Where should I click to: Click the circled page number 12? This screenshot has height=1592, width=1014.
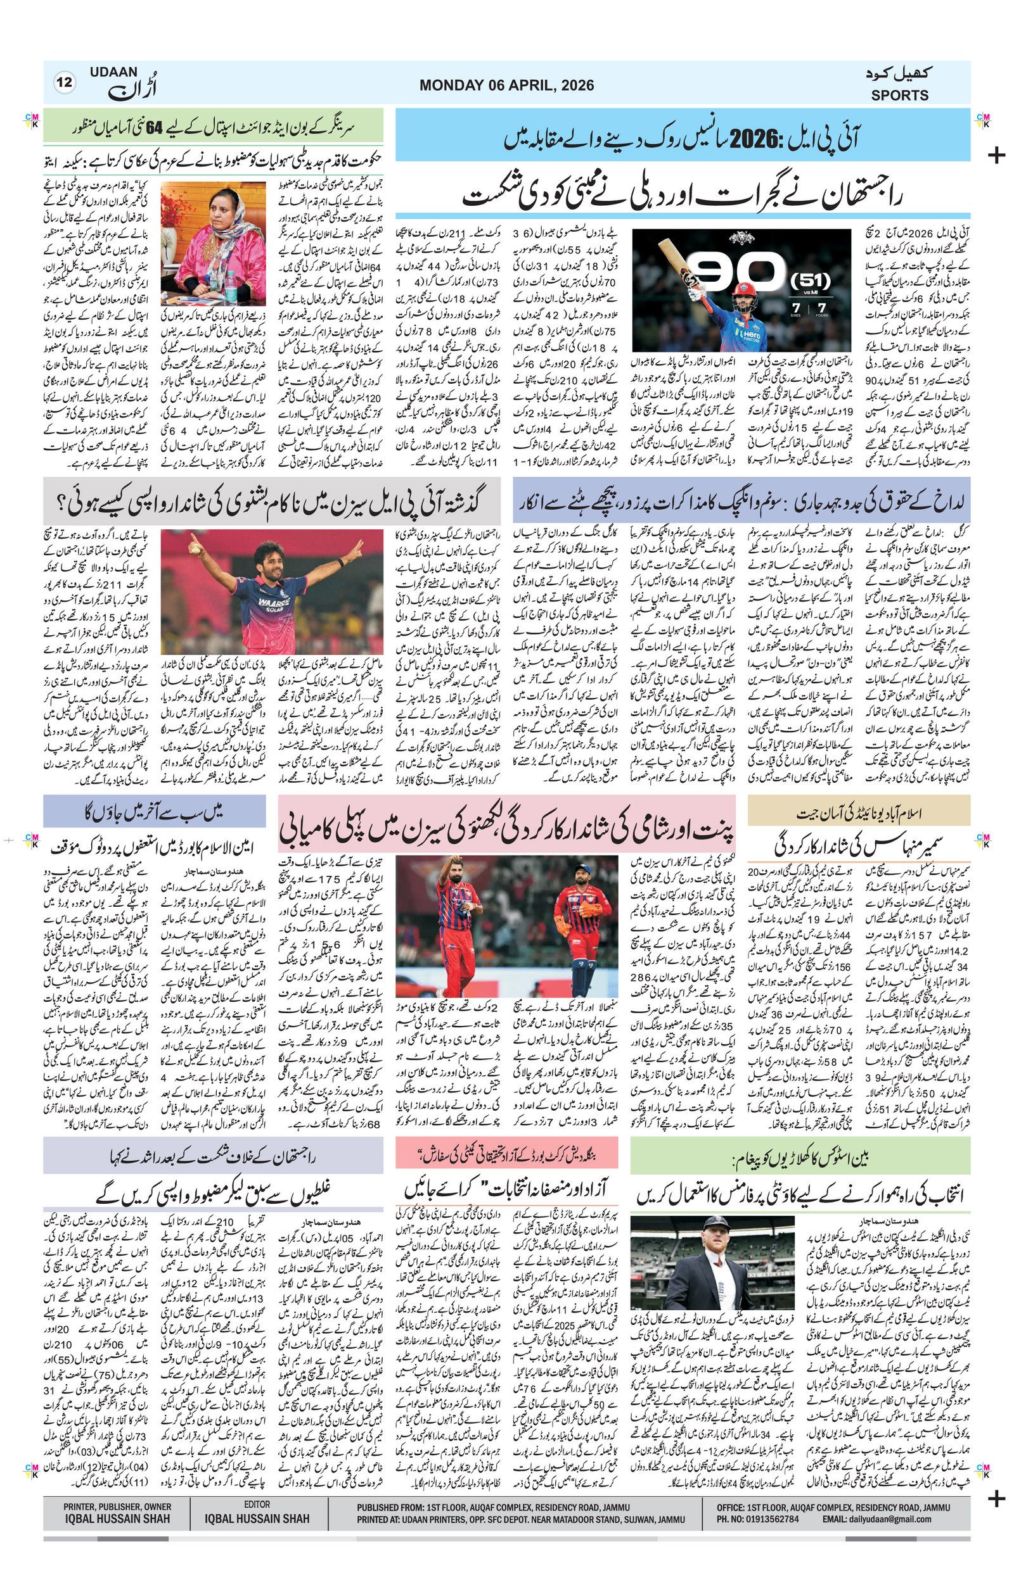[x=65, y=84]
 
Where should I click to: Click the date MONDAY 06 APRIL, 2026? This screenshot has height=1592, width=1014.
[x=506, y=85]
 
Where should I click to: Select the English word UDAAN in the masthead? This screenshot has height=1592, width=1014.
[x=114, y=72]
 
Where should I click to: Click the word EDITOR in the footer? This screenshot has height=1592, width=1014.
[x=257, y=1504]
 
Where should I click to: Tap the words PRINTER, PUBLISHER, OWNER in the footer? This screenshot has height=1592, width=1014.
[x=118, y=1507]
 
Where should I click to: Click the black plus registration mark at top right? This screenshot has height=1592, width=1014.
[x=996, y=156]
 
